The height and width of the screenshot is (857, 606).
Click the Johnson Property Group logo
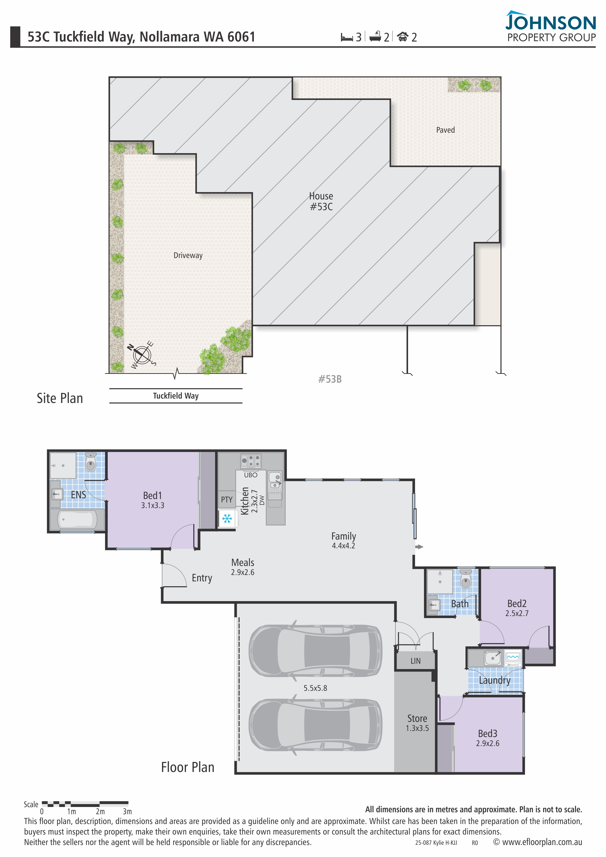551,26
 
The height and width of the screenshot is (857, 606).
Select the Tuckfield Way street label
176,396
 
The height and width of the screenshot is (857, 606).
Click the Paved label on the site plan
445,130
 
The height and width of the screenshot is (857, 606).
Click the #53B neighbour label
330,379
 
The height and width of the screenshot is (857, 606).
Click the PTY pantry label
227,499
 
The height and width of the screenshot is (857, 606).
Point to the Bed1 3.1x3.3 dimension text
153,505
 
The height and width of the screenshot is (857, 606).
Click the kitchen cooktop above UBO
251,461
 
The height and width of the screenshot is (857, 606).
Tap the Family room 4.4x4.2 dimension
344,546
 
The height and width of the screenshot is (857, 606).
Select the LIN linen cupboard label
415,661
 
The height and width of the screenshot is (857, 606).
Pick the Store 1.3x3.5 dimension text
417,728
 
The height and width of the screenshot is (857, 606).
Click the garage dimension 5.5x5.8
315,688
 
